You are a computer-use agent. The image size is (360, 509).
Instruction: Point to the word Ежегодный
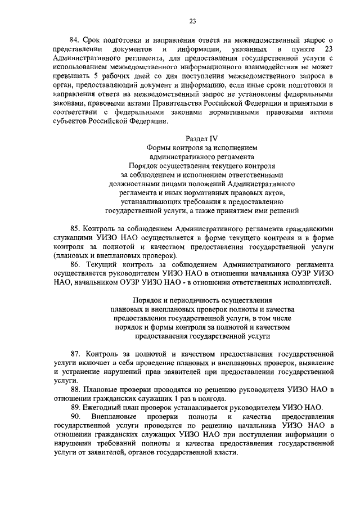(x=104, y=407)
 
